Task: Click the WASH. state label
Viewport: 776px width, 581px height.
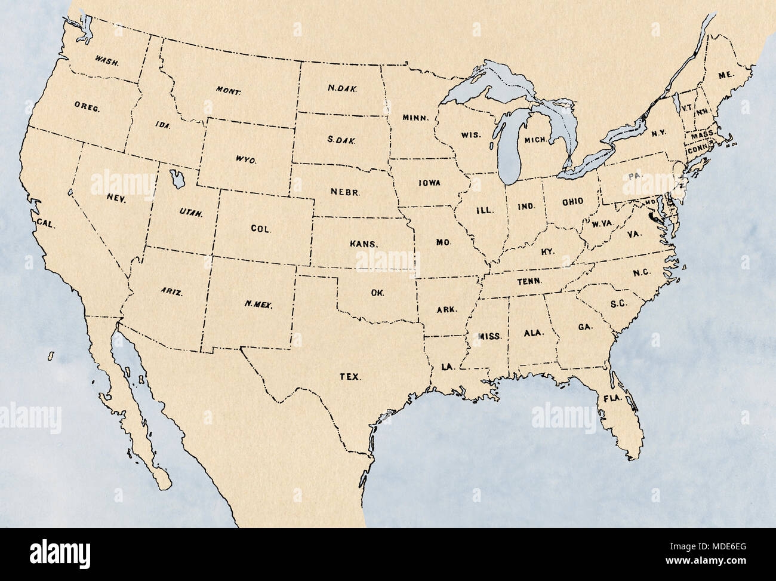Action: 108,60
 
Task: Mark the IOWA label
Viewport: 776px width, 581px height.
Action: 429,182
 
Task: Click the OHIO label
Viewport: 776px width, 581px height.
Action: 572,201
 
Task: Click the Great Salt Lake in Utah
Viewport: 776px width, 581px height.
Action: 177,178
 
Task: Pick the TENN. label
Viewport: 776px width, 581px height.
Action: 529,281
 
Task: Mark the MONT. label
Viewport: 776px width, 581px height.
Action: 229,92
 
